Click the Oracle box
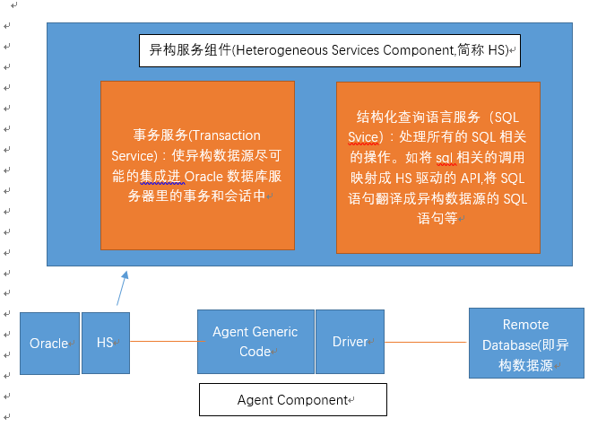tap(49, 344)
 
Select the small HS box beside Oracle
tap(106, 343)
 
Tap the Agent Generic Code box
tap(255, 342)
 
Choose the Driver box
tap(350, 342)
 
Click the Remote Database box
tap(526, 343)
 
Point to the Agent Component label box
tap(293, 399)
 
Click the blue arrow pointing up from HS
tap(122, 288)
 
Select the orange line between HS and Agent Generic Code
tap(168, 341)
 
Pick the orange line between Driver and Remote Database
tap(426, 342)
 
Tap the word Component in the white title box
tap(419, 50)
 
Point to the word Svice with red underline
tap(363, 137)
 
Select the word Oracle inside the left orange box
tap(203, 177)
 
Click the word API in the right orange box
tap(470, 179)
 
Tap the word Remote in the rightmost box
tap(525, 325)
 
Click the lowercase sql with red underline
tap(444, 158)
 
